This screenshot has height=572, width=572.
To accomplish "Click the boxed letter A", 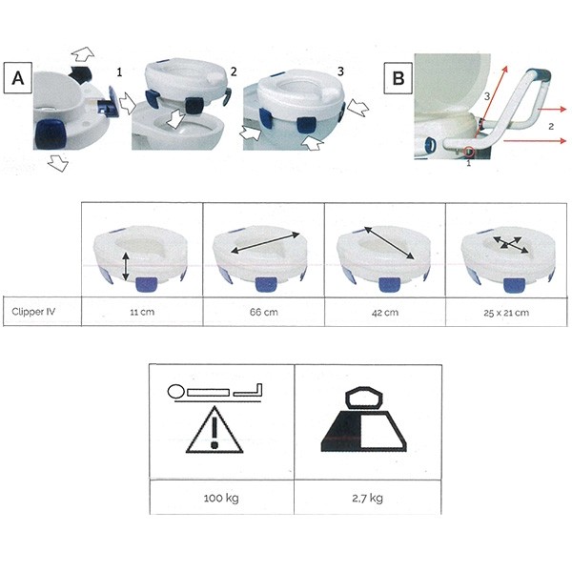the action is tap(18, 78).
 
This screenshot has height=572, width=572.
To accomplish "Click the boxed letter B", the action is tap(398, 78).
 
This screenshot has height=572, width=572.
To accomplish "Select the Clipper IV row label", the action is tap(33, 312).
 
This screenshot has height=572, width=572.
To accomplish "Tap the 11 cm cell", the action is tap(142, 313).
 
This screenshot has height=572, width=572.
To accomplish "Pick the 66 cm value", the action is tap(263, 313).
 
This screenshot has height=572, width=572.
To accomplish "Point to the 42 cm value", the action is tap(385, 313).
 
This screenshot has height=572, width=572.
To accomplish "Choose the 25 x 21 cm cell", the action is tap(506, 313).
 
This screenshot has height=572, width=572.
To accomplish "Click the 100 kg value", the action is tap(221, 498).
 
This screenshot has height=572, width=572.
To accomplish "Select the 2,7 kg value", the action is tap(367, 498).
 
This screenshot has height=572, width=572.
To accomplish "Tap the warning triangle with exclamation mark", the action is tap(214, 431).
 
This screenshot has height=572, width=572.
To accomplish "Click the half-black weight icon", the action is tap(364, 419).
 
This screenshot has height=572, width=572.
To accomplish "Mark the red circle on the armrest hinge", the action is tap(469, 151).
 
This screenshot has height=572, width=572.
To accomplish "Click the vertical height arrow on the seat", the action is tap(126, 267).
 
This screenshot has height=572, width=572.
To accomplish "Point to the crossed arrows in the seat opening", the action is tap(510, 244).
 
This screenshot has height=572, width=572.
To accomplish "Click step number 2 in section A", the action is tap(234, 71).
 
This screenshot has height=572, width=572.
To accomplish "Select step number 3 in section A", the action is tap(340, 71).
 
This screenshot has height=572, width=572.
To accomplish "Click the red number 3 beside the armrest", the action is tap(487, 96).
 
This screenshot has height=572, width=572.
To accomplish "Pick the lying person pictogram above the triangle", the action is tap(214, 393).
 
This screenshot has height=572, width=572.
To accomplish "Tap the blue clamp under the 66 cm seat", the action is tap(266, 284).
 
